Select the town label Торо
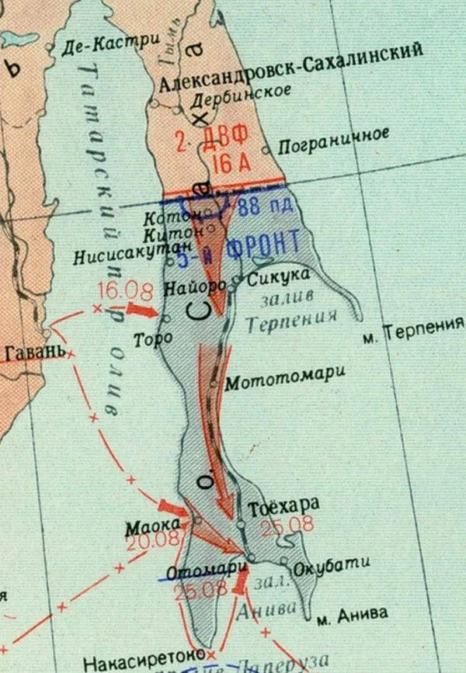[148, 339]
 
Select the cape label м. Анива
[352, 614]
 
